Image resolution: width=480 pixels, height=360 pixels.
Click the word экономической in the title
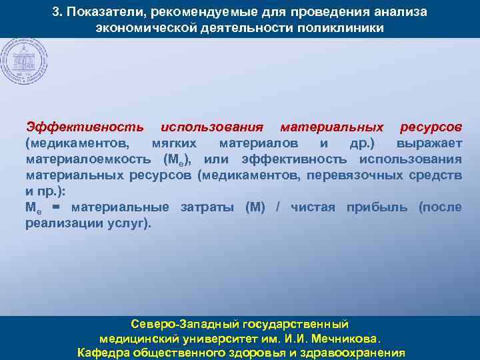tap(139, 29)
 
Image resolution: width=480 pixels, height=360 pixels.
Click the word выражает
tap(429, 143)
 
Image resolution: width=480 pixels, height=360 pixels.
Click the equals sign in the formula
tap(56, 207)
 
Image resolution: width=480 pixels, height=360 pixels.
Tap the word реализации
tap(64, 223)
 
